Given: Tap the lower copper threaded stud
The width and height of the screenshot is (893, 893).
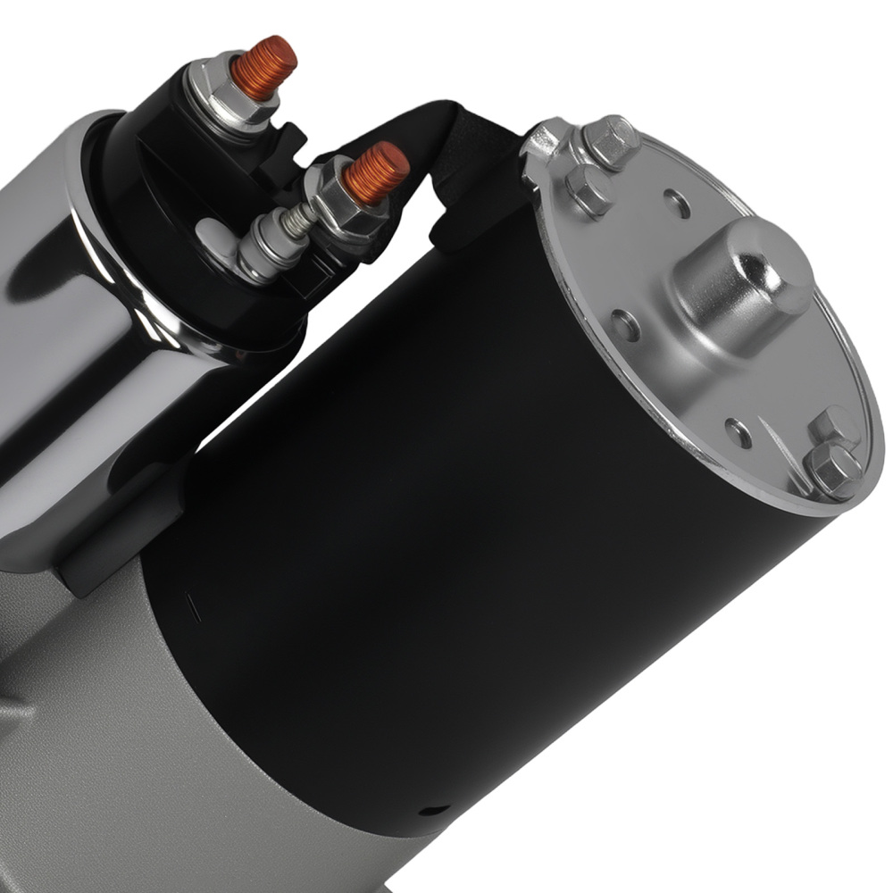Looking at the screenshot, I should (377, 171).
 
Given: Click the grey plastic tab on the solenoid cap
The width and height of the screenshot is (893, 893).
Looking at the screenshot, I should (207, 235).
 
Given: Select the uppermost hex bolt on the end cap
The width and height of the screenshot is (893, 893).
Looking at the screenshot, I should (611, 141).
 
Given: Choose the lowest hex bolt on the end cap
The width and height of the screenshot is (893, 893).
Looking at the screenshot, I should (832, 469).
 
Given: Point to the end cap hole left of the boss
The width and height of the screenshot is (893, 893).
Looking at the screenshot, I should (626, 326).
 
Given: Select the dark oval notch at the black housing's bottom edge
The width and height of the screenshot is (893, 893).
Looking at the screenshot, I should (434, 811).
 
